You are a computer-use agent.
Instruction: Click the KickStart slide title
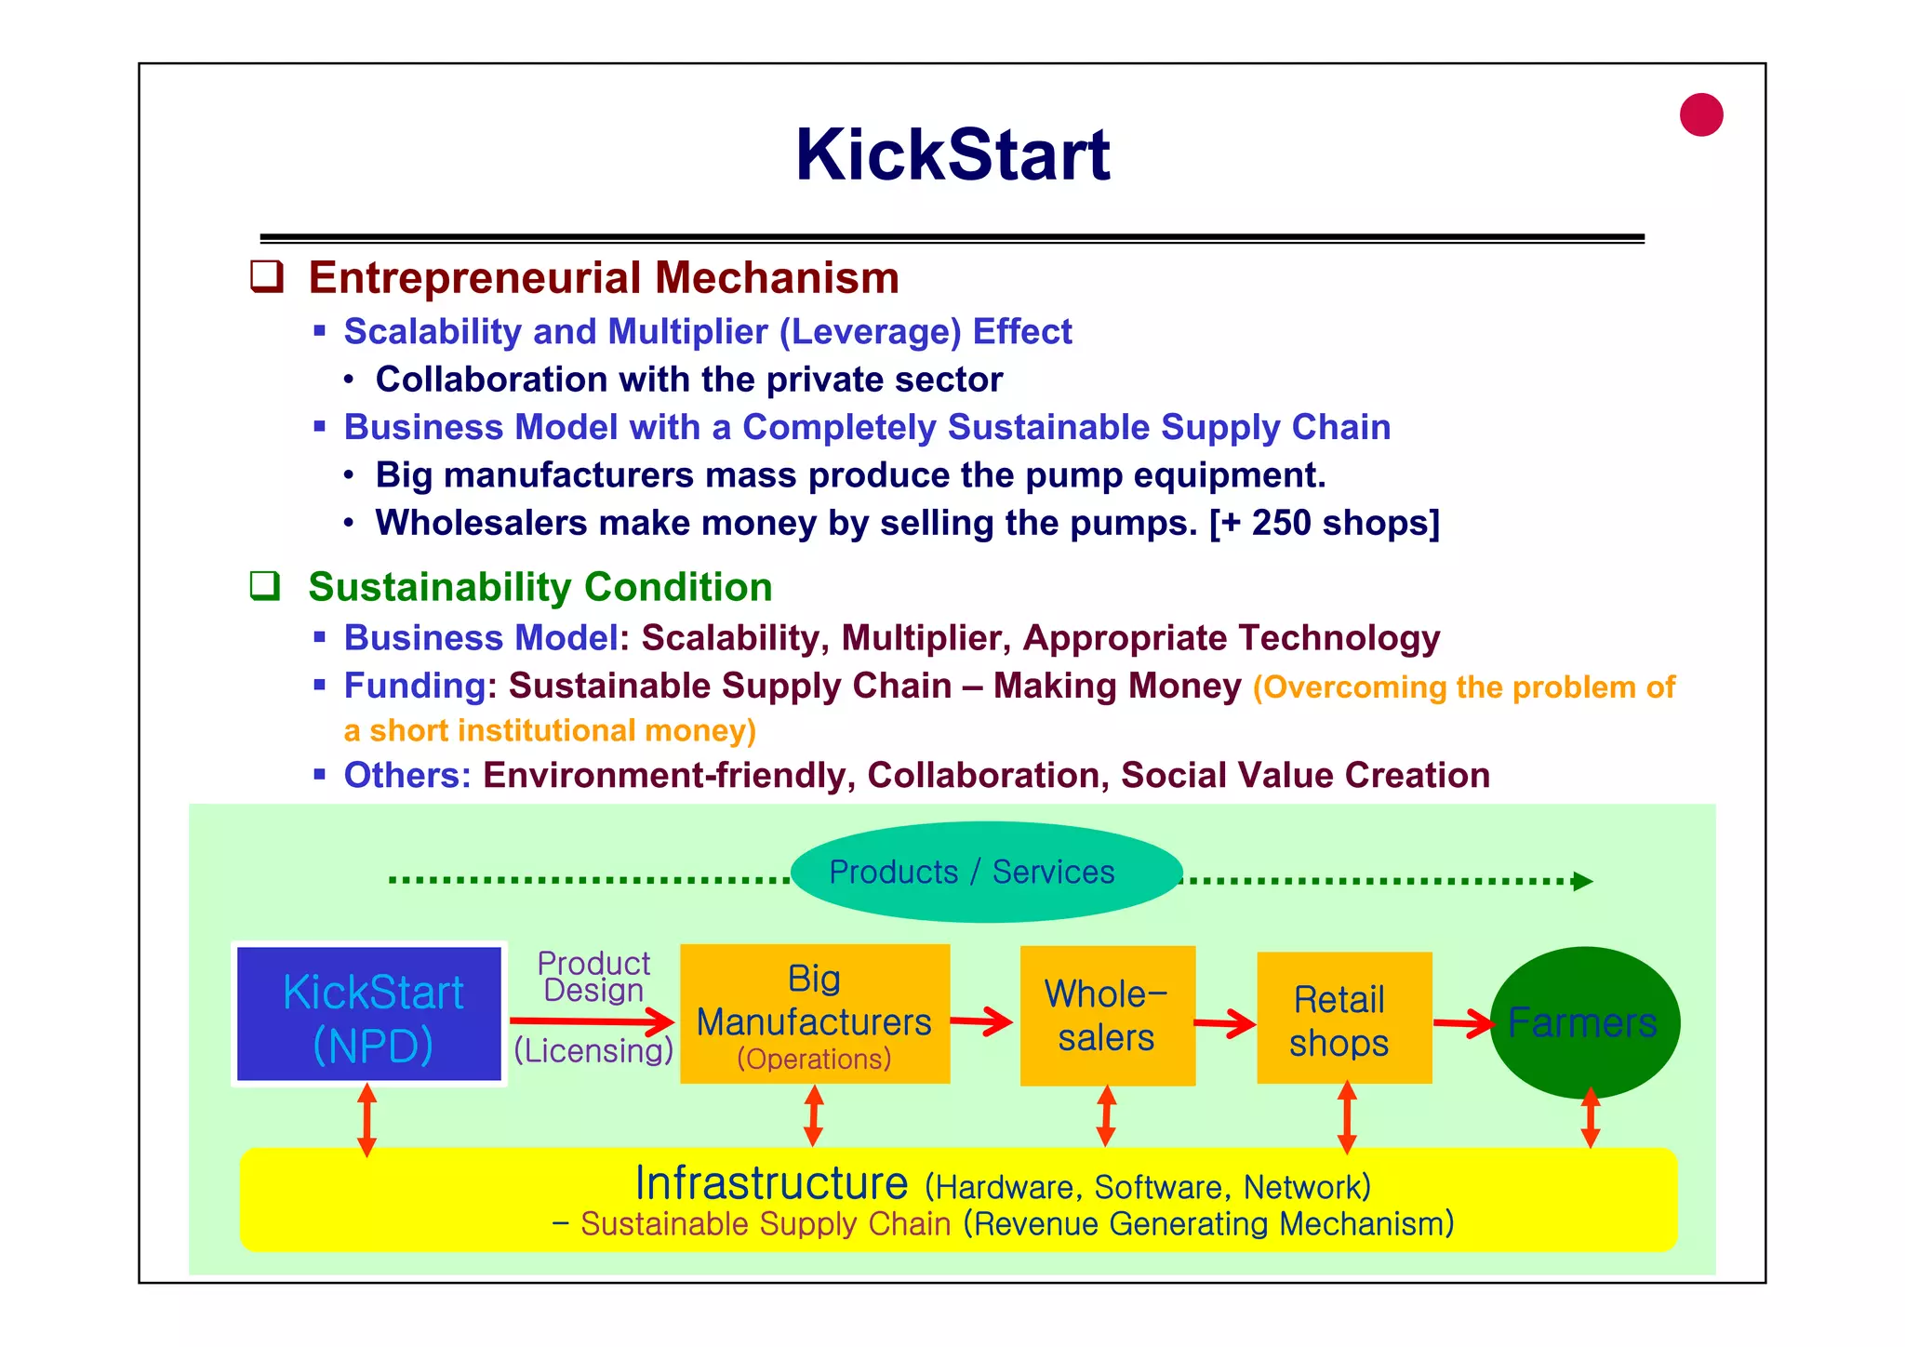pyautogui.click(x=952, y=154)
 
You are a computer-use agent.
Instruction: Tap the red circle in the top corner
pyautogui.click(x=1701, y=115)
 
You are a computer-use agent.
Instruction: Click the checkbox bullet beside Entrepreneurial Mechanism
pyautogui.click(x=266, y=277)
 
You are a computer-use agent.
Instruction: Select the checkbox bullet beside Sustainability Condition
pyautogui.click(x=265, y=586)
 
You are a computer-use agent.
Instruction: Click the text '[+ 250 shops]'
pyautogui.click(x=1325, y=523)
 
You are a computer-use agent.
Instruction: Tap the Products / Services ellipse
pyautogui.click(x=986, y=872)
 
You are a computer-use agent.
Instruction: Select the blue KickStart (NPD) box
pyautogui.click(x=370, y=1014)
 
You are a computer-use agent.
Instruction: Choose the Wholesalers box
pyautogui.click(x=1107, y=1015)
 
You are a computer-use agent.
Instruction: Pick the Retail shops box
pyautogui.click(x=1343, y=1017)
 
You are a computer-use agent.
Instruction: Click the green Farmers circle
pyautogui.click(x=1584, y=1022)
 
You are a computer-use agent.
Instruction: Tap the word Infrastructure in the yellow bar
pyautogui.click(x=771, y=1183)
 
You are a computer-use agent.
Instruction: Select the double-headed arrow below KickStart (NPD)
pyautogui.click(x=367, y=1119)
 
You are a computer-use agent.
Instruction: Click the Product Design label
pyautogui.click(x=593, y=977)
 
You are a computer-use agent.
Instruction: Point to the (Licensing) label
pyautogui.click(x=593, y=1050)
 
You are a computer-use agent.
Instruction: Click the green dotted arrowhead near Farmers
pyautogui.click(x=1582, y=881)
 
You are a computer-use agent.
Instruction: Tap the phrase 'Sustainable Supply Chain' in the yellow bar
pyautogui.click(x=766, y=1224)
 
